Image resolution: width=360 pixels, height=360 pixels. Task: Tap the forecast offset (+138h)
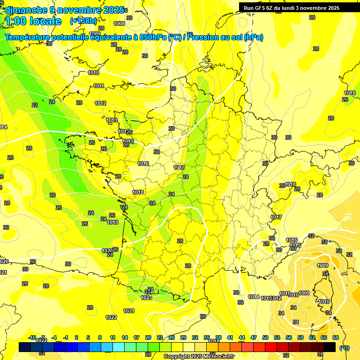tap(83, 21)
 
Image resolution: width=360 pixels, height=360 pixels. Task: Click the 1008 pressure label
tap(119, 23)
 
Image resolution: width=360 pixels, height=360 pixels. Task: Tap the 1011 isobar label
tap(98, 86)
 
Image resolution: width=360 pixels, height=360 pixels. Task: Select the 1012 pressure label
tap(100, 103)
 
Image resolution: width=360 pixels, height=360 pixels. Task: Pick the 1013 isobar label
tap(112, 120)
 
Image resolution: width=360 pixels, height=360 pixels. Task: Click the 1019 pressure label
tap(112, 222)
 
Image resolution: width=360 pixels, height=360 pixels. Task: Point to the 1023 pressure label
tap(146, 298)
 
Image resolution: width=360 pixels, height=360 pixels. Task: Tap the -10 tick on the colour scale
tap(32, 337)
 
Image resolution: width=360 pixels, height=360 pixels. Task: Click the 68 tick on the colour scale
tap(336, 337)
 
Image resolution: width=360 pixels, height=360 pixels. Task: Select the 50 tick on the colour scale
tap(265, 337)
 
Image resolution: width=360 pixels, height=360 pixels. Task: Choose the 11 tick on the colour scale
tap(112, 337)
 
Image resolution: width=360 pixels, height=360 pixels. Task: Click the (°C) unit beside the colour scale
tap(344, 347)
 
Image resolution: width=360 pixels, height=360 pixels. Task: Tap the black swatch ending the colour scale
tap(330, 347)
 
